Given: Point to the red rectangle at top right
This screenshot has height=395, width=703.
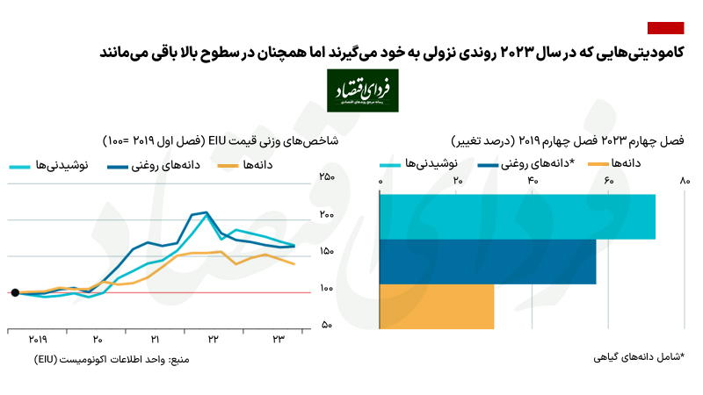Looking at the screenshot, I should pyautogui.click(x=665, y=28).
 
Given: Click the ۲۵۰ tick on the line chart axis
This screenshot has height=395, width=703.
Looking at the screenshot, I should pyautogui.click(x=327, y=177).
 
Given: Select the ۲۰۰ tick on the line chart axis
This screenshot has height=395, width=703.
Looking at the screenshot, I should pyautogui.click(x=327, y=215).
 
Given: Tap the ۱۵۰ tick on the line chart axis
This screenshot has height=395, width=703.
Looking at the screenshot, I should pyautogui.click(x=327, y=252).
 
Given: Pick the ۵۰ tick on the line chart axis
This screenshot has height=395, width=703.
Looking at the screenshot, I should pyautogui.click(x=327, y=326).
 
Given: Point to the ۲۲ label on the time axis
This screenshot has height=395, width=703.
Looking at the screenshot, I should pyautogui.click(x=214, y=339).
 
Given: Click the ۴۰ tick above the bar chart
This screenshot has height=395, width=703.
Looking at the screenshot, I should pyautogui.click(x=533, y=181).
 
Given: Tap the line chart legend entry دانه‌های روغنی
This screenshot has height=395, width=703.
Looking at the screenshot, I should pyautogui.click(x=154, y=166).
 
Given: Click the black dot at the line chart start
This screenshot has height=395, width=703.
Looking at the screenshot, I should pyautogui.click(x=15, y=292).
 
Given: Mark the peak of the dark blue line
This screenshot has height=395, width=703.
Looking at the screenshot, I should pyautogui.click(x=206, y=212).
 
